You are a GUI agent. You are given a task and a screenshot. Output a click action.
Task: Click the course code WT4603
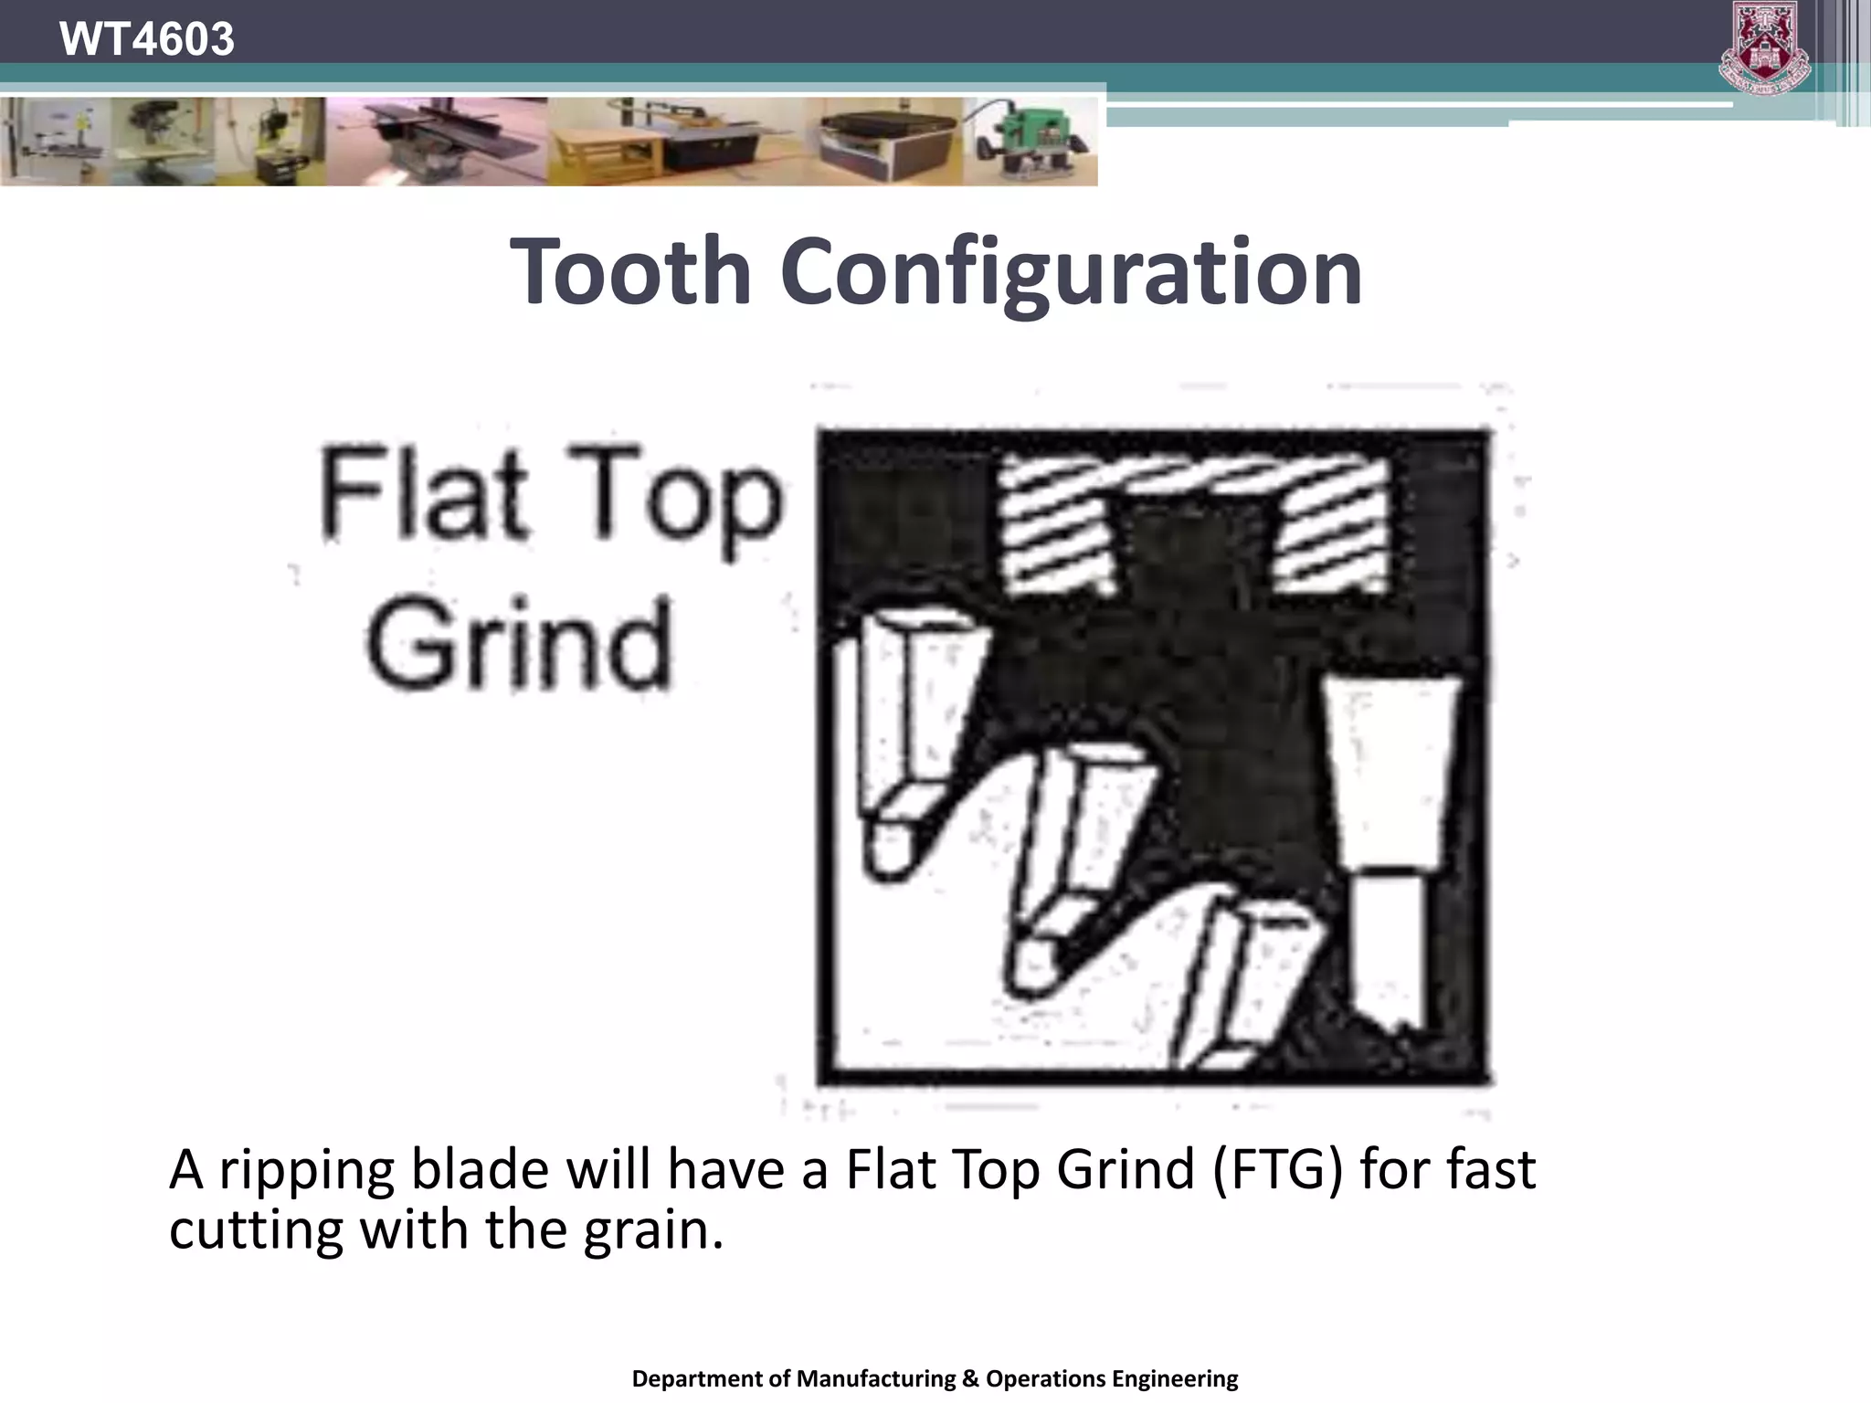coord(146,39)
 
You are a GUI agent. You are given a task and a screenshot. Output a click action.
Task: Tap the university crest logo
coord(1764,47)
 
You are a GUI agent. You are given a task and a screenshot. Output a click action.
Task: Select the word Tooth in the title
coord(630,270)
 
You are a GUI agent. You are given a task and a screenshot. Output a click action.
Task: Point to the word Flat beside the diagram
coord(424,494)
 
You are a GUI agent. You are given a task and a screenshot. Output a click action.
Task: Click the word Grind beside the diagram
coord(519,644)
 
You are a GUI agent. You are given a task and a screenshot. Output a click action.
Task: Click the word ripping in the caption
coord(307,1171)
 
